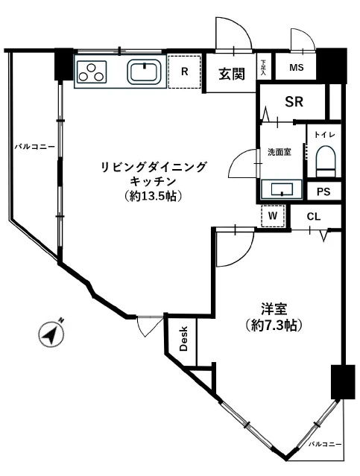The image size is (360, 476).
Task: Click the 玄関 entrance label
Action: click(231, 74)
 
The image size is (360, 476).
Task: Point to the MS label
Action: click(297, 69)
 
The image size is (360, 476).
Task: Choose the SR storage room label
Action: click(294, 102)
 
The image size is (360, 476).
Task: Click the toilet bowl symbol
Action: click(325, 161)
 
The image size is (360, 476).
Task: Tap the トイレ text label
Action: click(324, 135)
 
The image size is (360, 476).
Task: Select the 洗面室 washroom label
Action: click(280, 152)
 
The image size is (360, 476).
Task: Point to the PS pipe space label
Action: click(323, 191)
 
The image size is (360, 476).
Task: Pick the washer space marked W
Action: click(273, 216)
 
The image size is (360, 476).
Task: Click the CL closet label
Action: click(314, 217)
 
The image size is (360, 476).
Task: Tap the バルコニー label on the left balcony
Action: click(34, 147)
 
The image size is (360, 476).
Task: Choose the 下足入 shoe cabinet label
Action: click(263, 68)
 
